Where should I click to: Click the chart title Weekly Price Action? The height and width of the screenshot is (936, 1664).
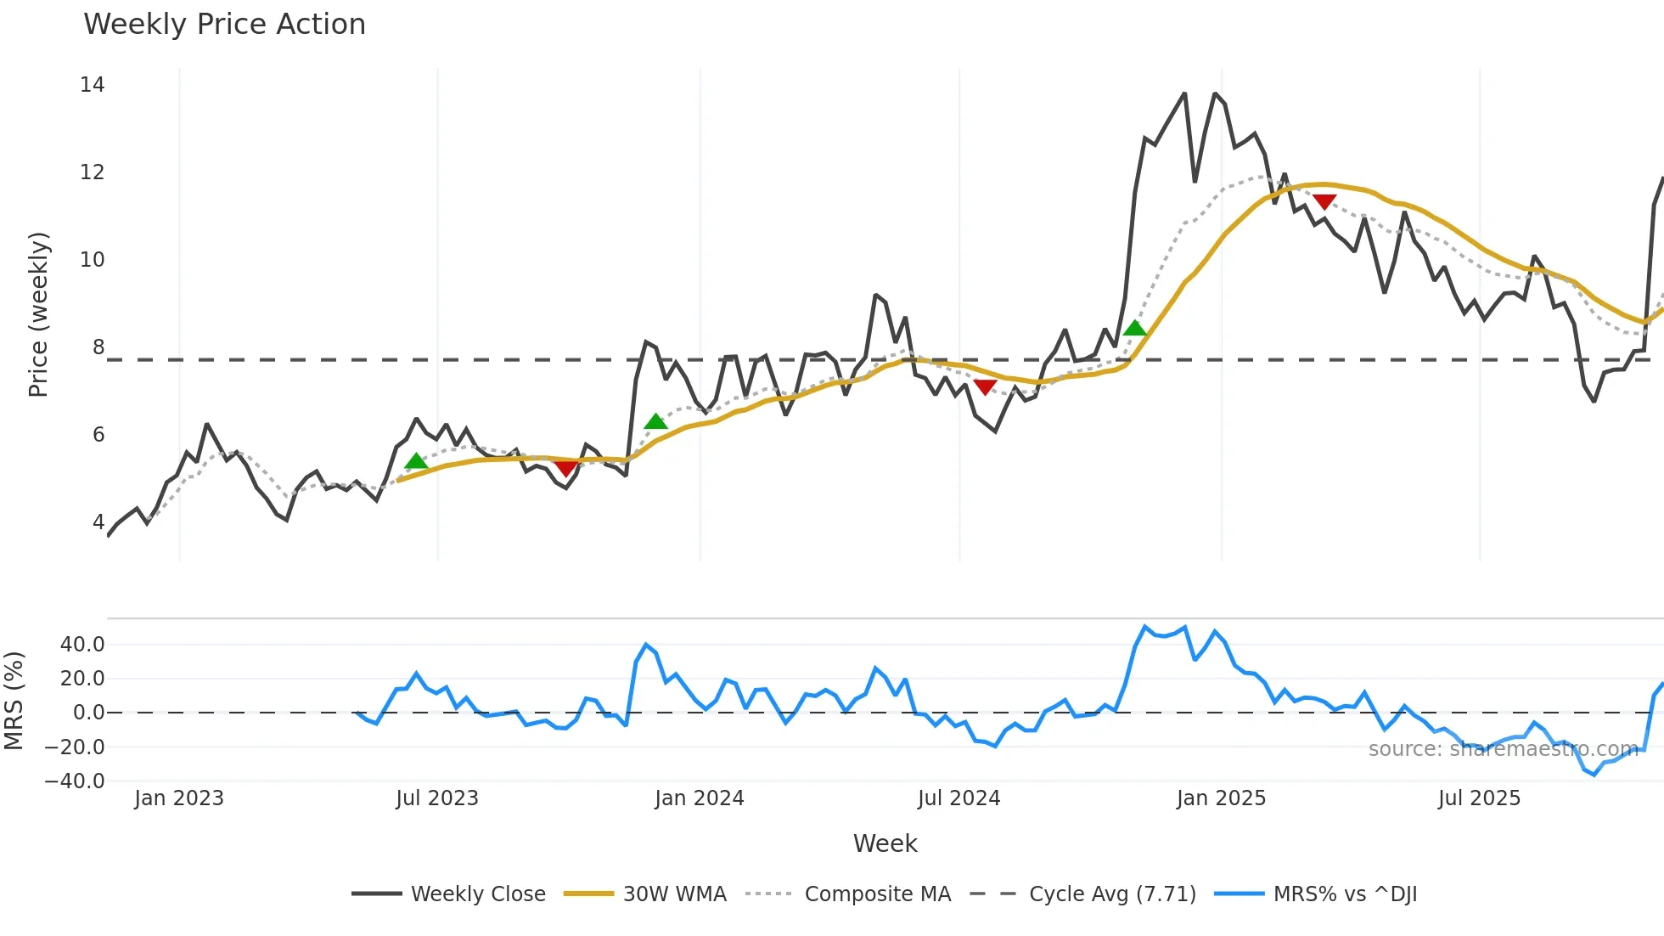click(x=224, y=25)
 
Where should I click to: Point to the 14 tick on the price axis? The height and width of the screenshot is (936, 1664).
click(x=93, y=85)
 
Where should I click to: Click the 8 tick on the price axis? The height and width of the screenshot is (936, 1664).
click(x=98, y=347)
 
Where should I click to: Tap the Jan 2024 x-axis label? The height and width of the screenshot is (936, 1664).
click(x=700, y=798)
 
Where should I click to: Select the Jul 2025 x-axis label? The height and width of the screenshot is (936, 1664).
click(x=1479, y=798)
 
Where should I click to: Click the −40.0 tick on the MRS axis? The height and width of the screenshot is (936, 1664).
click(x=75, y=781)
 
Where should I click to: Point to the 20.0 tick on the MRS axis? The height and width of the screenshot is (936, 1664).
click(x=82, y=679)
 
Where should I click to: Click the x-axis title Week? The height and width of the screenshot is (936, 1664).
click(x=885, y=843)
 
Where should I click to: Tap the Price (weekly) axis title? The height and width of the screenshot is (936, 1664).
click(x=38, y=314)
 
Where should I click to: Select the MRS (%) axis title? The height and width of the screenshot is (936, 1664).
click(x=14, y=701)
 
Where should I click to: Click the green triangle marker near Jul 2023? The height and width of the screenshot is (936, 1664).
click(x=416, y=461)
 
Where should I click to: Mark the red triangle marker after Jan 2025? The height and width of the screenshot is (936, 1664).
click(x=1324, y=201)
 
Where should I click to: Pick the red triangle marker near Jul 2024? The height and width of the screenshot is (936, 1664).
click(x=985, y=387)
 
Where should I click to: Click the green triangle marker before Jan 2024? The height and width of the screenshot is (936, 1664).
click(x=655, y=421)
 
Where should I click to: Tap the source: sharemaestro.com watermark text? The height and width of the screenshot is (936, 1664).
click(x=1503, y=749)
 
